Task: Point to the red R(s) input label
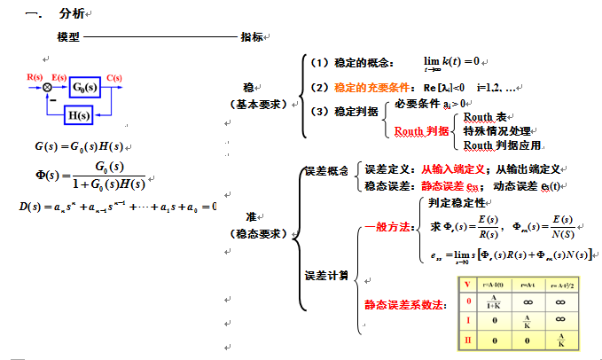(x=35, y=77)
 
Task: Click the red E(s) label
(x=59, y=77)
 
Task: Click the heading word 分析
(x=72, y=13)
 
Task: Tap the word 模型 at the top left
(x=68, y=37)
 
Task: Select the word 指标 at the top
(x=251, y=37)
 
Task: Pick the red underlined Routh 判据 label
(x=421, y=130)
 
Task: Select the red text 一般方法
(x=389, y=227)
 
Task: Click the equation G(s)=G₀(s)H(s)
(x=75, y=146)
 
